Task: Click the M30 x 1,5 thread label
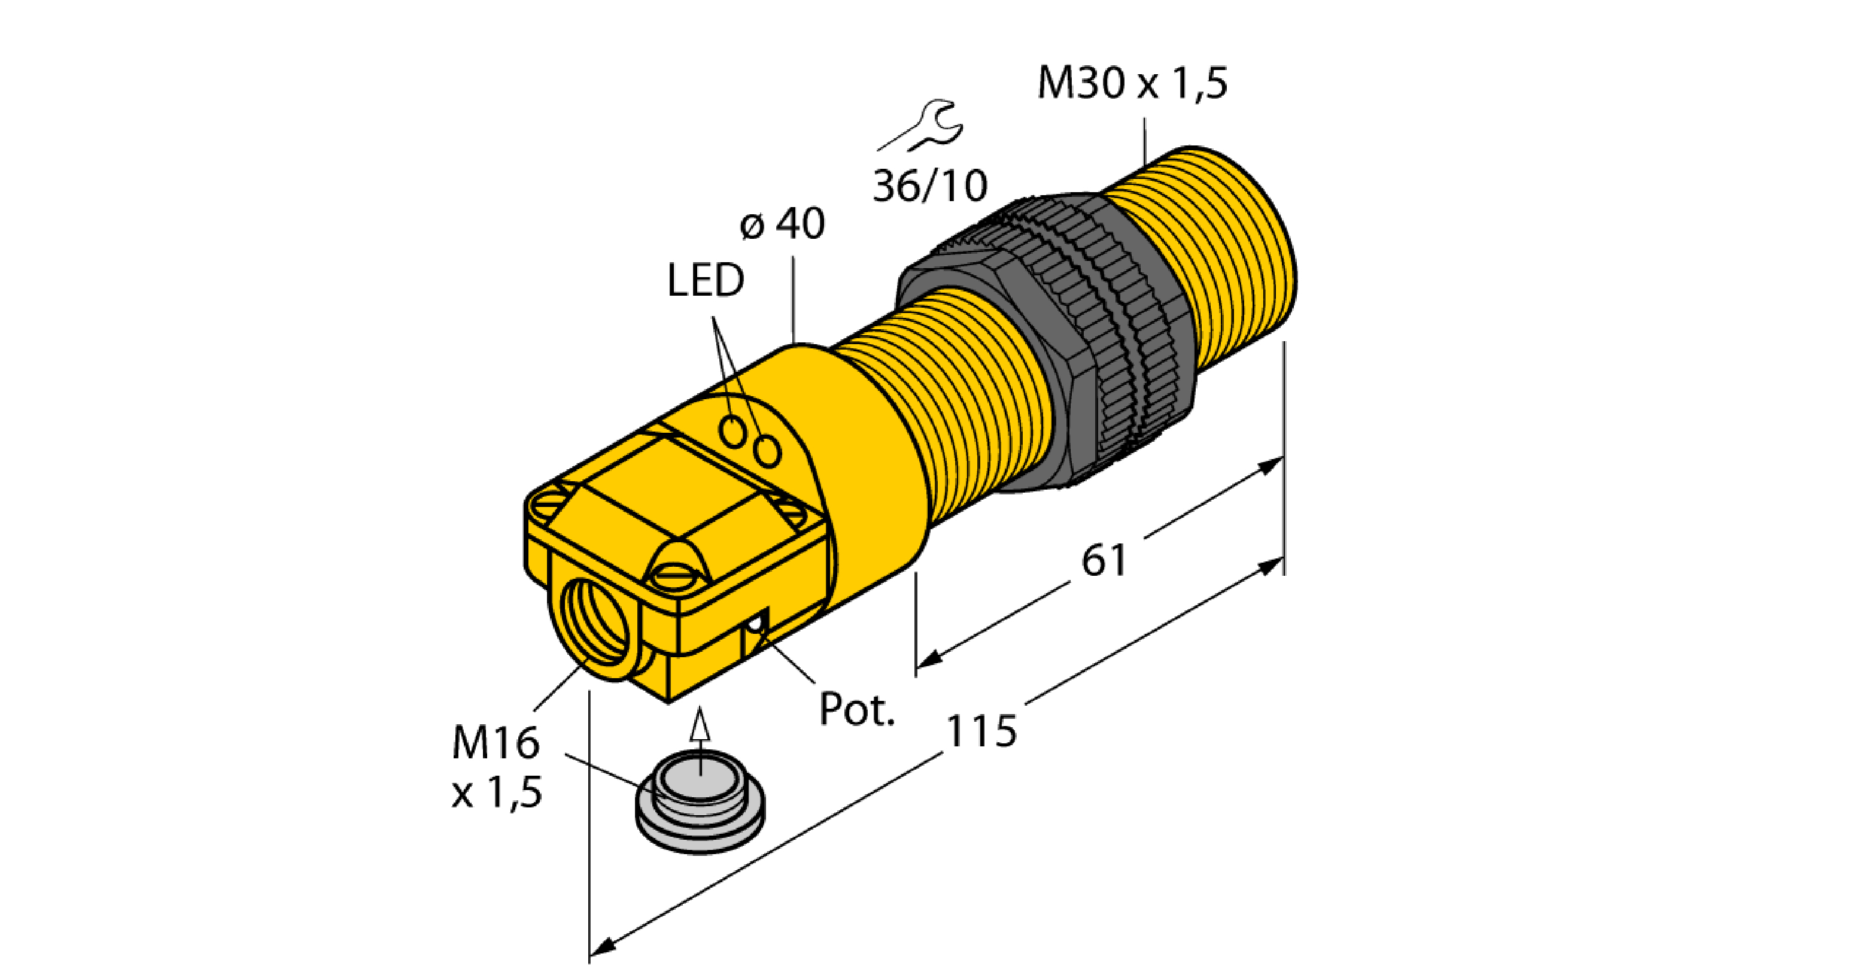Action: point(1132,83)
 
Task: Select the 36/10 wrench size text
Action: point(929,186)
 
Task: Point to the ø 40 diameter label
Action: point(782,224)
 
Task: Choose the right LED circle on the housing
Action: point(767,451)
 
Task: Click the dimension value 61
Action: point(1104,561)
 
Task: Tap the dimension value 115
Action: point(980,731)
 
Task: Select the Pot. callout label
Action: point(856,710)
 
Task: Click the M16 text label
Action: point(495,743)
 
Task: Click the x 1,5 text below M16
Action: point(497,793)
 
